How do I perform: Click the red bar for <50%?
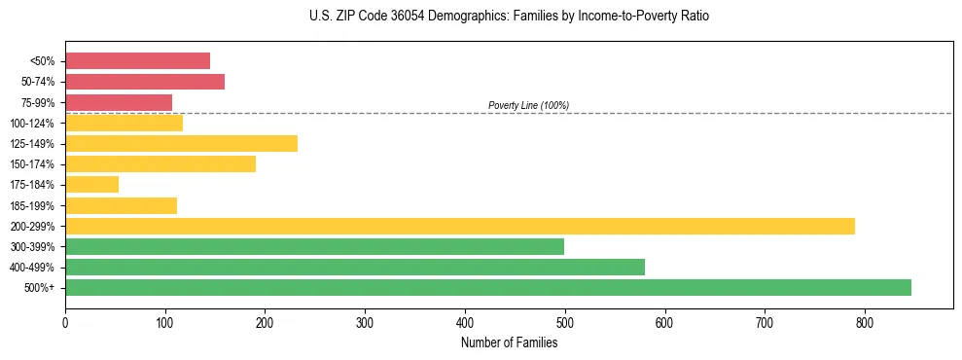[137, 60]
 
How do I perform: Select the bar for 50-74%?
[145, 82]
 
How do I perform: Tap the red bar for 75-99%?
[119, 102]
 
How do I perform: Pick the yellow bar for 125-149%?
[181, 143]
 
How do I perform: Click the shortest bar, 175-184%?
[91, 184]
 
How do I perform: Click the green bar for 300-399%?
[314, 246]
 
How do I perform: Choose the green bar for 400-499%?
[355, 267]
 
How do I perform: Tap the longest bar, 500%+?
[488, 287]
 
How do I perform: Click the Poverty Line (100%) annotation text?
[528, 105]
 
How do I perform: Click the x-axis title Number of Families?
[509, 342]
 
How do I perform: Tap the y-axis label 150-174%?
[32, 164]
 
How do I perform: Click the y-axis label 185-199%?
[32, 205]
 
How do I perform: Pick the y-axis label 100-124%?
[32, 123]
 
